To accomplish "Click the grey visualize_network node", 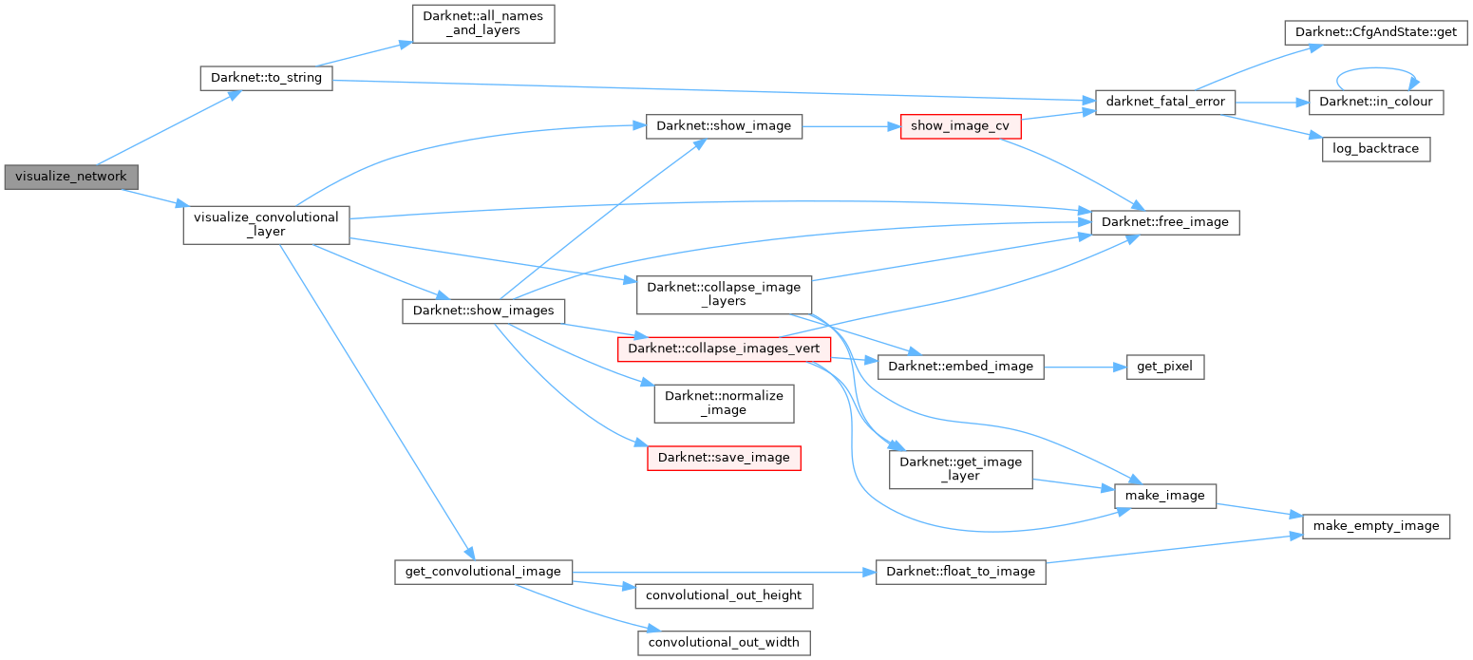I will pos(71,177).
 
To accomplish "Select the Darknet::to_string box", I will pos(266,78).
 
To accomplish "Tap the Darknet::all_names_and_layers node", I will pos(482,24).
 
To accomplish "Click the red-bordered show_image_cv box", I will pos(959,125).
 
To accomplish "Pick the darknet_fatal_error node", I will pos(1165,102).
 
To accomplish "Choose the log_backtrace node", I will pos(1375,149).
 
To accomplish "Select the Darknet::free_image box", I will pos(1165,222).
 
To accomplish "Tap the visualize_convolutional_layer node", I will pos(266,225).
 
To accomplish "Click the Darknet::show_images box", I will pos(484,311).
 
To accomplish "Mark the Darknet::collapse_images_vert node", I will pos(725,349).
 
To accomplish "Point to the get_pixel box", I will pos(1164,367).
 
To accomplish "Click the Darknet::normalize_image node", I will pos(724,403).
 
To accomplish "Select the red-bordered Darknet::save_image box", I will pos(724,458).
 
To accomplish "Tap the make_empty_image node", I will pos(1375,525).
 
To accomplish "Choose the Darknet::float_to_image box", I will pos(960,572).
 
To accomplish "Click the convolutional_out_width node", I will pos(724,643).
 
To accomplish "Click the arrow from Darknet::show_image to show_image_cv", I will pos(851,125).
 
